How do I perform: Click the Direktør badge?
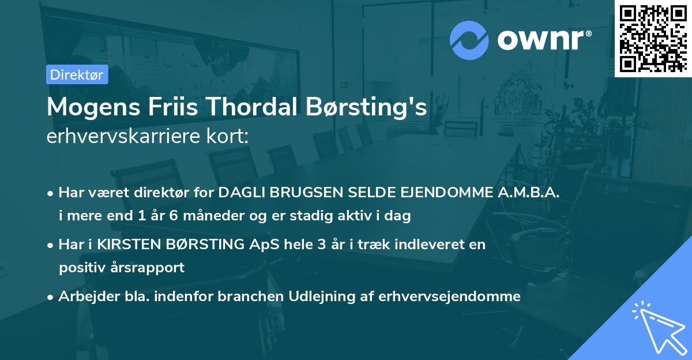click(x=76, y=74)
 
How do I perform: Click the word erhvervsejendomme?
click(x=450, y=297)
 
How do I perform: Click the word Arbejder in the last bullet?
click(x=84, y=297)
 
